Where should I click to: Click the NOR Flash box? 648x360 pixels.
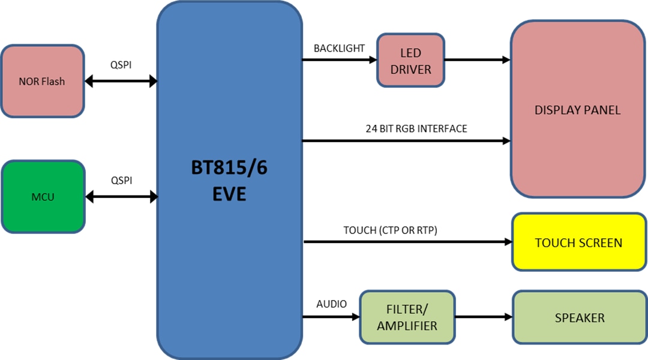(x=42, y=81)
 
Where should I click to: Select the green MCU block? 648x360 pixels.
(x=42, y=197)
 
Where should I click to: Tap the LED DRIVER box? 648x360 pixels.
(x=410, y=60)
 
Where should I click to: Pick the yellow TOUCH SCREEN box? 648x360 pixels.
(x=578, y=242)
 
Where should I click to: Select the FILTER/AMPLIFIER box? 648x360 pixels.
(x=407, y=318)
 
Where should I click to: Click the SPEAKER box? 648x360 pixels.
(x=579, y=318)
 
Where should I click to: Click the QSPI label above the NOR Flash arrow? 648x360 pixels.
(x=121, y=65)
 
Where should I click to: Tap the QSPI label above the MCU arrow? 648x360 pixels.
(x=121, y=181)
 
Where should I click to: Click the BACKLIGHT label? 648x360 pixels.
(x=339, y=49)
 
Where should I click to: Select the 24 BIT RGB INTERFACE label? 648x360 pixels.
(x=416, y=128)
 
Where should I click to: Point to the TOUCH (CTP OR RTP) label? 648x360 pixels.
(x=394, y=230)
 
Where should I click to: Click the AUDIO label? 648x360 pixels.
(x=331, y=304)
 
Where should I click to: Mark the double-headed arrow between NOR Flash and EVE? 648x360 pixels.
(x=121, y=81)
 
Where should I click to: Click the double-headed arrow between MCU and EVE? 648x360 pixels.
(x=122, y=196)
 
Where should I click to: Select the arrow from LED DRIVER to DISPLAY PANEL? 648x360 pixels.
(x=477, y=60)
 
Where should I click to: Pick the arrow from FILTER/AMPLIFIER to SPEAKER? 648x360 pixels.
(x=484, y=317)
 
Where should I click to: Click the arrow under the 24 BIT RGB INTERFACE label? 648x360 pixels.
(x=406, y=142)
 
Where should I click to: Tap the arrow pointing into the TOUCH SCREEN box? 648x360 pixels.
(x=408, y=242)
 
